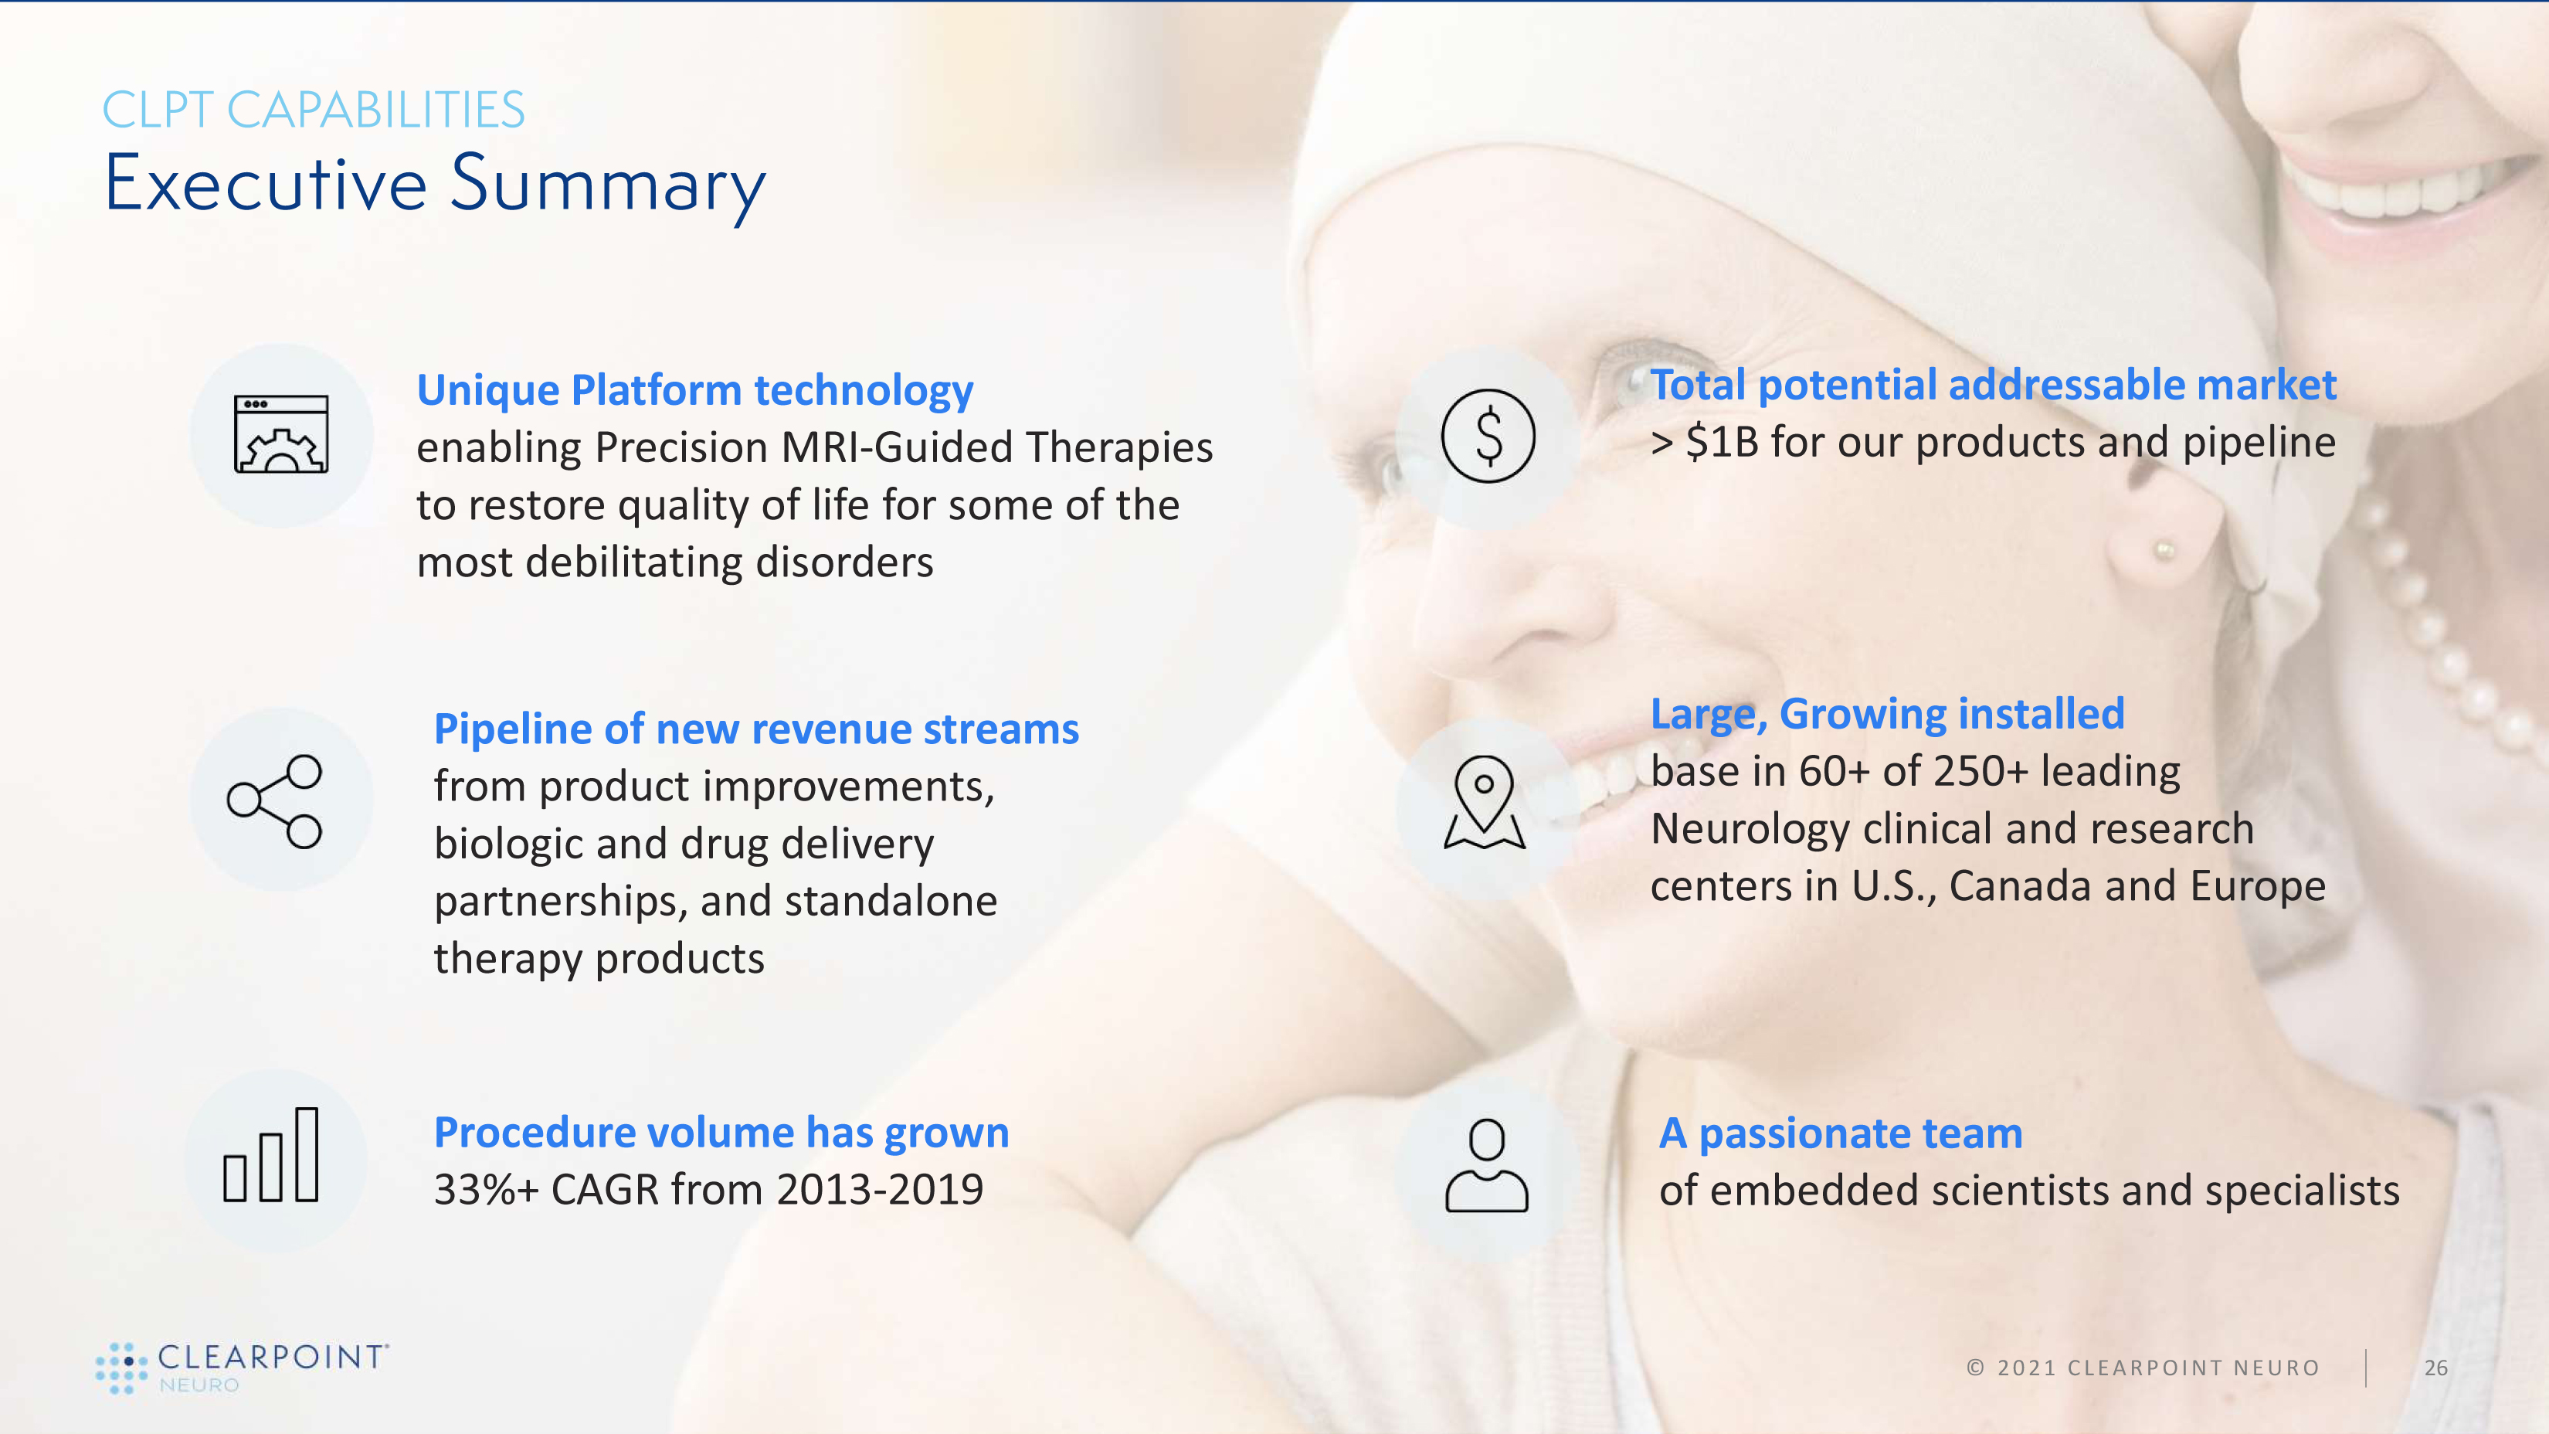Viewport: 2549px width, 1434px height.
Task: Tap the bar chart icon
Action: tap(271, 1154)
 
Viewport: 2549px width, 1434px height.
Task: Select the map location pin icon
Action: tap(1485, 803)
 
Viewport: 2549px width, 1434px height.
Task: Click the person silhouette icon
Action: tap(1486, 1165)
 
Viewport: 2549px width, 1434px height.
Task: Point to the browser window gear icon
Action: tap(281, 433)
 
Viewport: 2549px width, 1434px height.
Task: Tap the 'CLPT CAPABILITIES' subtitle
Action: tap(314, 109)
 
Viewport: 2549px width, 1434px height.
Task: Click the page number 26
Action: tap(2436, 1368)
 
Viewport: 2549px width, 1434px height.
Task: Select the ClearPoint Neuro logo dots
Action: tap(122, 1368)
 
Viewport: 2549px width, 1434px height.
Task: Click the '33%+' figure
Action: tap(486, 1190)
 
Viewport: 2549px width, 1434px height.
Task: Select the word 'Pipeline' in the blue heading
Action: tap(513, 730)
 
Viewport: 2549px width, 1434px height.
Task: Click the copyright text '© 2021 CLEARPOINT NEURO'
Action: tap(2142, 1368)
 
